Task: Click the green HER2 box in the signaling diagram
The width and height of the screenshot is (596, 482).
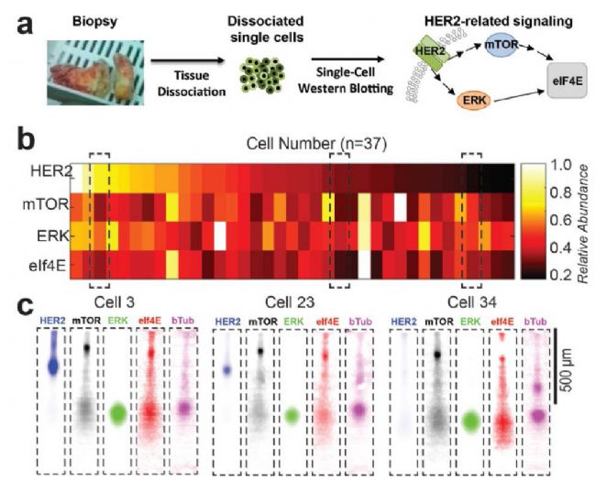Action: click(x=432, y=53)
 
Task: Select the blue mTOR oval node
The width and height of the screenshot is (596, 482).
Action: click(x=502, y=45)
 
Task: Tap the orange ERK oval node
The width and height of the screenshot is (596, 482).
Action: click(x=474, y=100)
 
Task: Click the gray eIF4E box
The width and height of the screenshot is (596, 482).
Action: click(x=567, y=81)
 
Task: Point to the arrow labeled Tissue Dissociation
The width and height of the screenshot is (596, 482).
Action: click(x=186, y=60)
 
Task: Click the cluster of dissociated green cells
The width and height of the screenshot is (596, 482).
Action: click(x=262, y=75)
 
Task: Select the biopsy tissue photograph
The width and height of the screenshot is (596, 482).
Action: click(x=95, y=72)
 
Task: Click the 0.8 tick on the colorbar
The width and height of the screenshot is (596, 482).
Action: click(x=561, y=193)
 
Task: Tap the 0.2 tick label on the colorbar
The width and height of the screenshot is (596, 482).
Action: click(x=561, y=274)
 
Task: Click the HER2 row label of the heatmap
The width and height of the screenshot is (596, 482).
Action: click(x=51, y=172)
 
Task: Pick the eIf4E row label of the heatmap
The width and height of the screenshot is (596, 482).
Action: click(x=48, y=266)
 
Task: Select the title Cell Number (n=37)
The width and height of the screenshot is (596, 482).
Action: click(x=316, y=144)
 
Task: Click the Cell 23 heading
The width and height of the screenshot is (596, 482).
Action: click(x=290, y=302)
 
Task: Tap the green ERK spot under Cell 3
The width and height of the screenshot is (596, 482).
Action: click(x=118, y=413)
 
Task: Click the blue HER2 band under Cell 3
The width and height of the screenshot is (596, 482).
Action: click(x=53, y=366)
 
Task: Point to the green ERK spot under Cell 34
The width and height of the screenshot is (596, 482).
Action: click(x=471, y=422)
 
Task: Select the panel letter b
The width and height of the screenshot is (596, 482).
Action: click(x=27, y=139)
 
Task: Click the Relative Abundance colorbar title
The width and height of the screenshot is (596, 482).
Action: click(x=582, y=224)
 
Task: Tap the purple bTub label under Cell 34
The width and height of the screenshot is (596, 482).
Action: click(x=535, y=322)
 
